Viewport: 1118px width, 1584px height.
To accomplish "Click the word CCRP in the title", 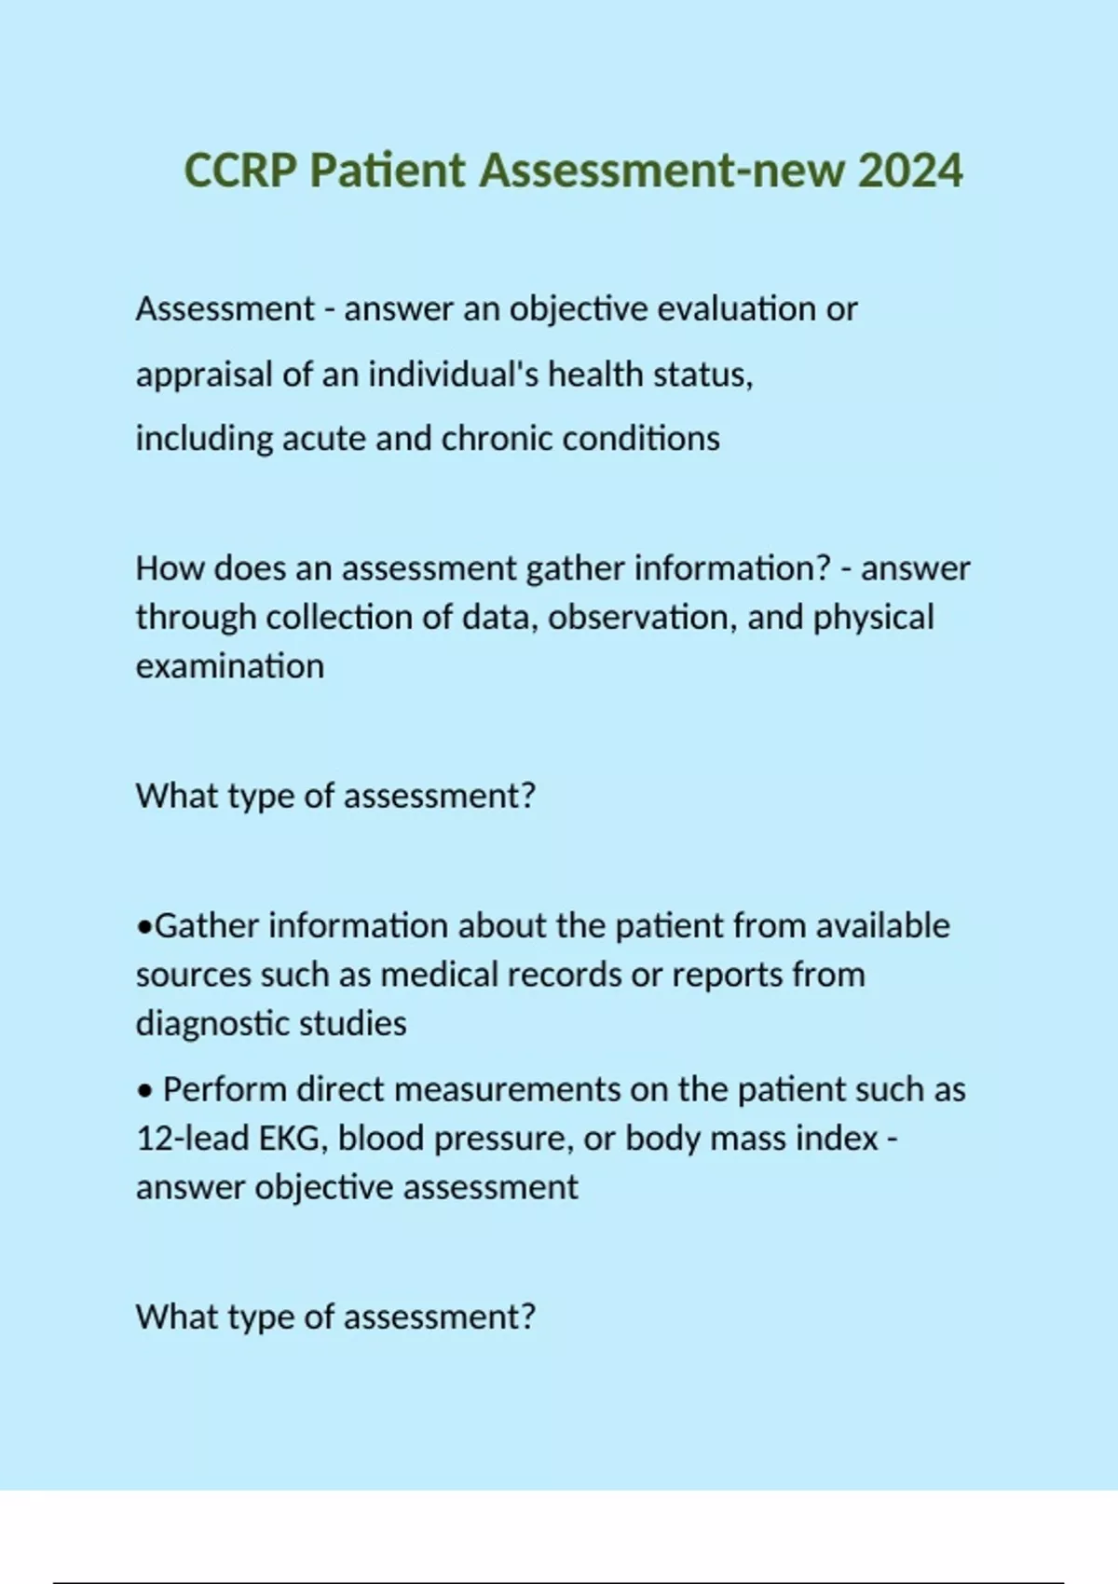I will tap(240, 171).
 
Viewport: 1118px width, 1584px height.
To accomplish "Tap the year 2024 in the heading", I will tap(910, 171).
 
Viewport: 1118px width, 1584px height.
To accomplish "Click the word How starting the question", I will tap(170, 567).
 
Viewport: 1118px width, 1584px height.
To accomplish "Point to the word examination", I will tap(230, 666).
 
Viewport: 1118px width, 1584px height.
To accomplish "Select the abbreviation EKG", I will tap(293, 1139).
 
